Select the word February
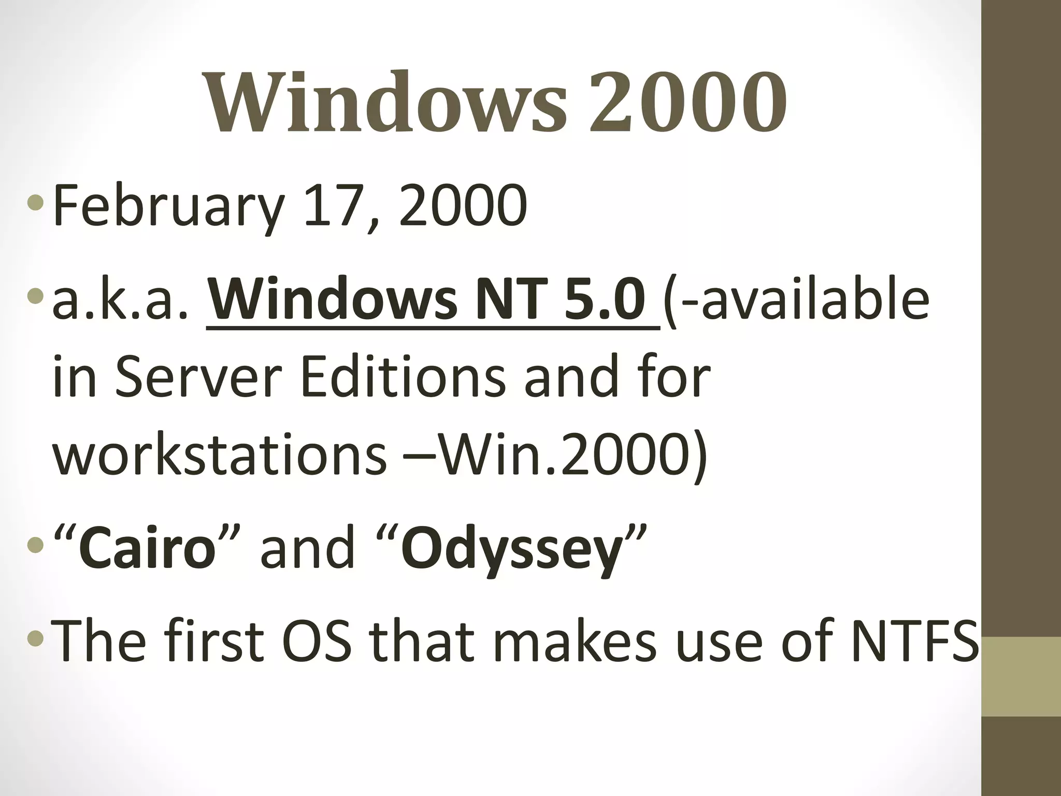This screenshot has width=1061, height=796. pos(169,206)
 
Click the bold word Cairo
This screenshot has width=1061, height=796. pos(147,548)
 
